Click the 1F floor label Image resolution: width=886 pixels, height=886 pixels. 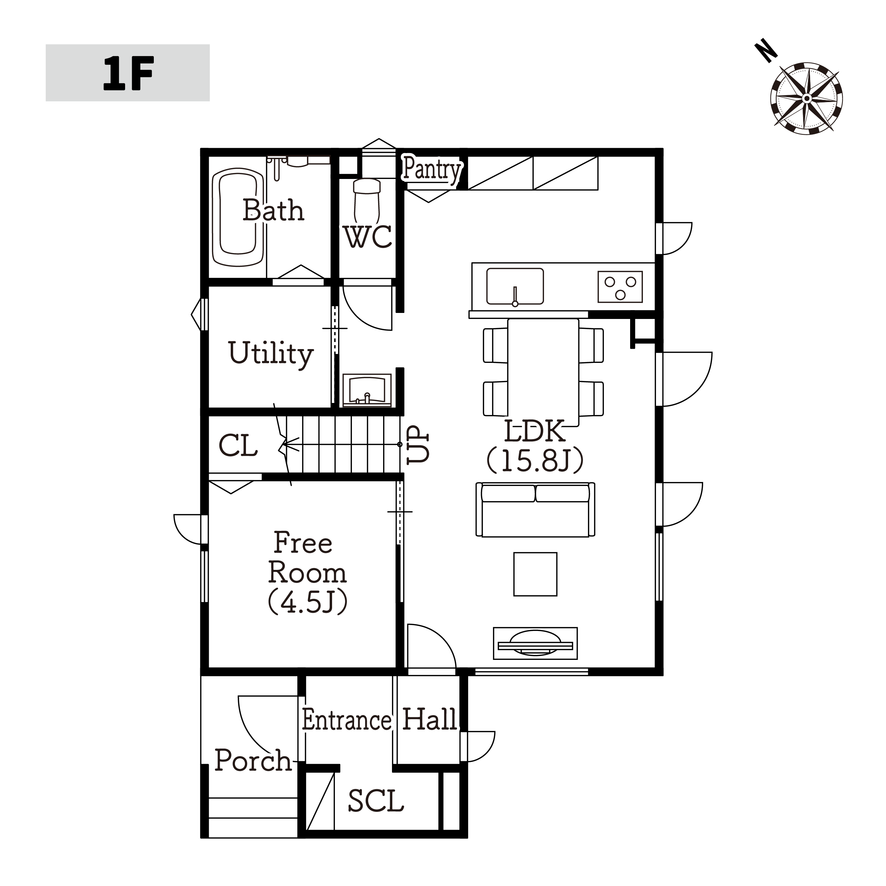128,73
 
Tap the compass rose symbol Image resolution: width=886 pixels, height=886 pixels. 807,98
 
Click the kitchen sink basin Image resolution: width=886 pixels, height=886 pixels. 515,287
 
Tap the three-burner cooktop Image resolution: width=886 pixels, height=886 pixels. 620,287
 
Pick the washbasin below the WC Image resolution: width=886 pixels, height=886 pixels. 367,390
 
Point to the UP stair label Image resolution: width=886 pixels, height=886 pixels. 418,444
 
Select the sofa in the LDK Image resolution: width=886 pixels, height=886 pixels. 535,510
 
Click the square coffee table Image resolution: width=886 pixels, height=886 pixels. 535,574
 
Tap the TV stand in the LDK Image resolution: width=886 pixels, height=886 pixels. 535,643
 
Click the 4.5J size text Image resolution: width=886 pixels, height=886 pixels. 308,602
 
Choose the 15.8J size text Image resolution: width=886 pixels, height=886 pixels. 535,460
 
